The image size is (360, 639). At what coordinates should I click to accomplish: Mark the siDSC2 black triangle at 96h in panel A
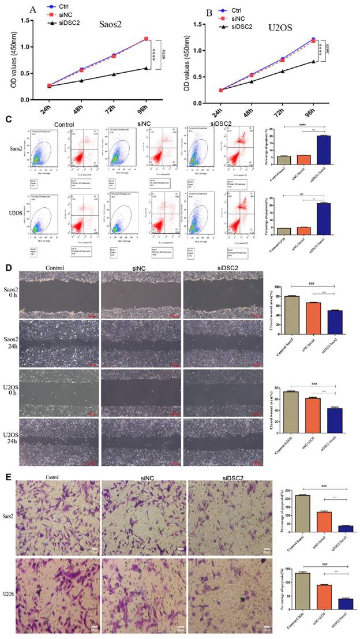pos(147,68)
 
